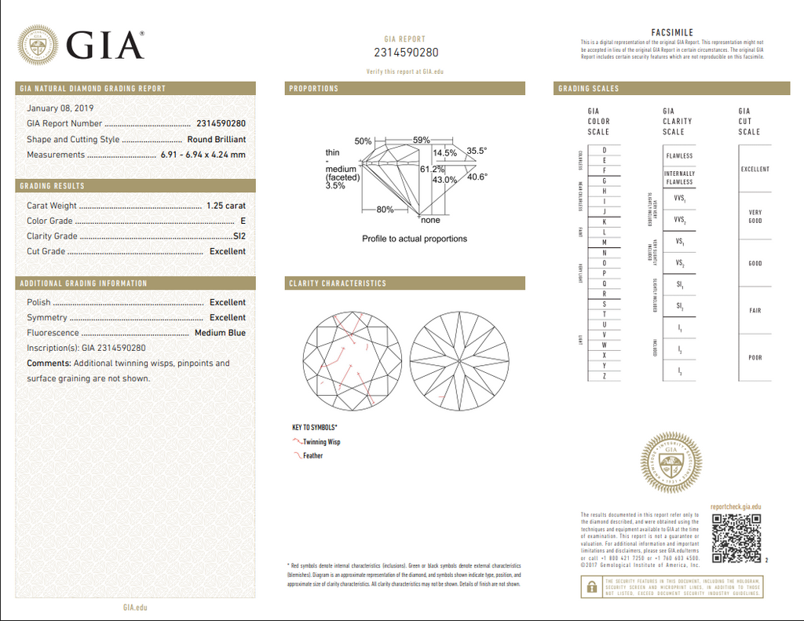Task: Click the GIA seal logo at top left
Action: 38,45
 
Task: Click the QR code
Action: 736,539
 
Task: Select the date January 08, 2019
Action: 60,108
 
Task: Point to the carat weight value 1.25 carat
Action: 225,206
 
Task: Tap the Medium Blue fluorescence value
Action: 220,333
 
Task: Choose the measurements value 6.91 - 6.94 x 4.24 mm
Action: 203,155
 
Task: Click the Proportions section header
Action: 314,89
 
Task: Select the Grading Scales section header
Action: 589,89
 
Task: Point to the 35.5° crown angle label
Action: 477,150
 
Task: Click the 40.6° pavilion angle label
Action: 477,177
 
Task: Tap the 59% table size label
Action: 422,140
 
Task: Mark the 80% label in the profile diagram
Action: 385,210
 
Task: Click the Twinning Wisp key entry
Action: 321,442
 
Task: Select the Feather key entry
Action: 312,456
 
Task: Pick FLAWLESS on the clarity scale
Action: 679,156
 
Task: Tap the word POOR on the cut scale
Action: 755,358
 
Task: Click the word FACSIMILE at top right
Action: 672,32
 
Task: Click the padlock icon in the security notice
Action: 589,586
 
